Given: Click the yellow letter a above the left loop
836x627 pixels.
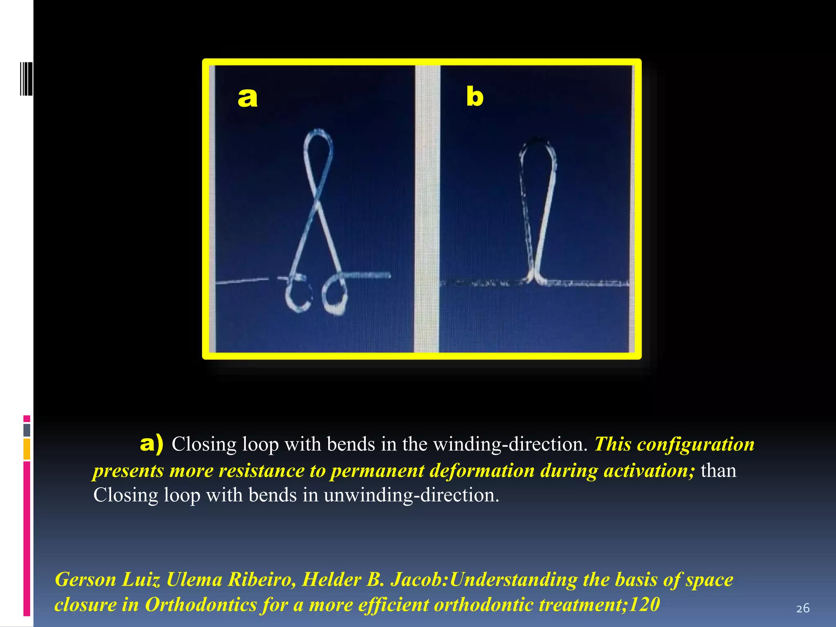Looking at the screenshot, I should click(x=247, y=98).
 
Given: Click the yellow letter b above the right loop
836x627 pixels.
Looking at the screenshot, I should click(x=475, y=97).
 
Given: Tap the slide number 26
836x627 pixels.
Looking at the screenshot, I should click(x=803, y=608).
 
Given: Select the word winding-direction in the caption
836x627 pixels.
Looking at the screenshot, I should click(x=510, y=444).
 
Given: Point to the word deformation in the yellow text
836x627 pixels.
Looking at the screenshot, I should click(x=482, y=470).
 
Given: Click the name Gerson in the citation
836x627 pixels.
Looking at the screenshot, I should click(x=85, y=580).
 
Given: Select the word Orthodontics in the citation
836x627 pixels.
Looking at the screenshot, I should click(x=200, y=605).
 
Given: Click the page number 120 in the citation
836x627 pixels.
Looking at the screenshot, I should click(x=644, y=605).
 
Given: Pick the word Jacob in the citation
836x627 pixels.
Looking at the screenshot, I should click(x=418, y=580).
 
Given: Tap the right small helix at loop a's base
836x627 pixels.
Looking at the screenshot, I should click(x=335, y=294).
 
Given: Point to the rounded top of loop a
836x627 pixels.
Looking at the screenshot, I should click(x=318, y=135).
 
